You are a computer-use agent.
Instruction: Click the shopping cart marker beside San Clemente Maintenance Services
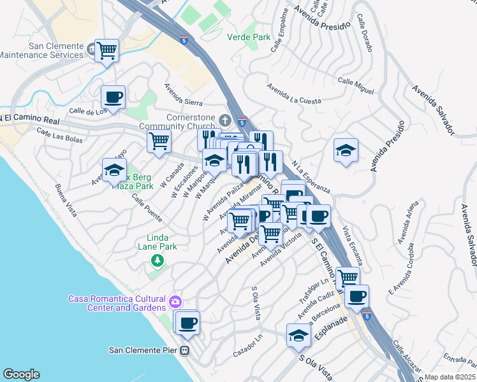[106, 51]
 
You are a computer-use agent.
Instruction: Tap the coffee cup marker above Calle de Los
[113, 98]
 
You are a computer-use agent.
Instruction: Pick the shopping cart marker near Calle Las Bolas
[159, 141]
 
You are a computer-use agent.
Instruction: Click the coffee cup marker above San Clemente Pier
[187, 323]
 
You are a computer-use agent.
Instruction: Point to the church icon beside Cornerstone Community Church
[224, 120]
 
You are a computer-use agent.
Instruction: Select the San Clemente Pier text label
[143, 350]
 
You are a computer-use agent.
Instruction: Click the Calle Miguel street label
[355, 85]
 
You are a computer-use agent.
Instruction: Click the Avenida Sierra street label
[183, 95]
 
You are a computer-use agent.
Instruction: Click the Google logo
[21, 374]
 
